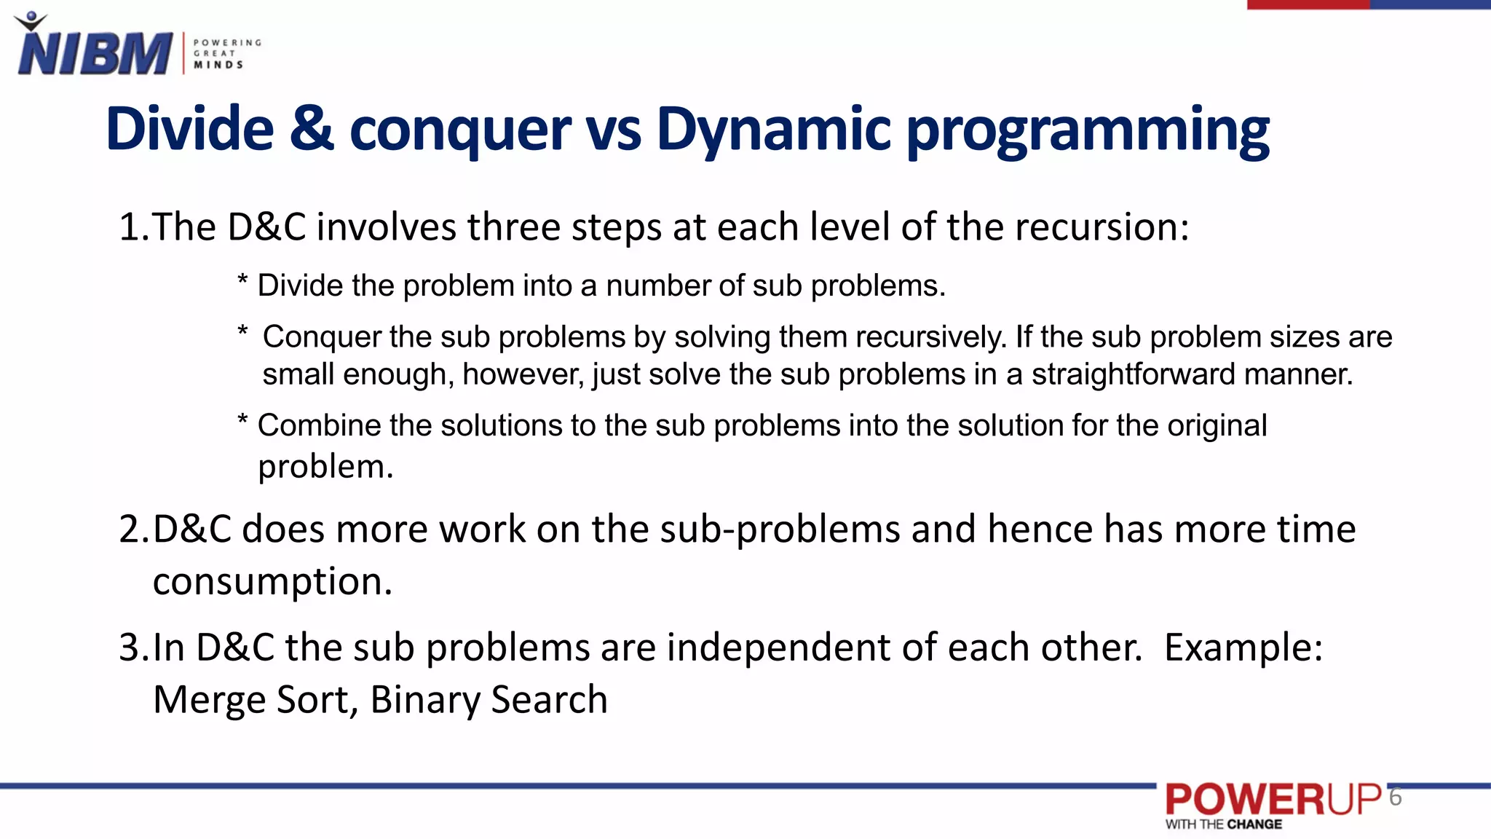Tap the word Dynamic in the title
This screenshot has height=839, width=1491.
click(773, 130)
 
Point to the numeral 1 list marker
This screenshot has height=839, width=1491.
click(130, 227)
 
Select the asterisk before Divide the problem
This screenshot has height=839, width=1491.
click(242, 281)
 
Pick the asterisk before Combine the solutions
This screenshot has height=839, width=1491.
click(242, 421)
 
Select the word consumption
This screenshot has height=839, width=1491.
click(272, 582)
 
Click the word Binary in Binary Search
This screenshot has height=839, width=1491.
click(424, 700)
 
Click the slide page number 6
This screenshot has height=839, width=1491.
click(1395, 797)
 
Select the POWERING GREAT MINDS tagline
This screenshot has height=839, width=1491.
click(226, 53)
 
